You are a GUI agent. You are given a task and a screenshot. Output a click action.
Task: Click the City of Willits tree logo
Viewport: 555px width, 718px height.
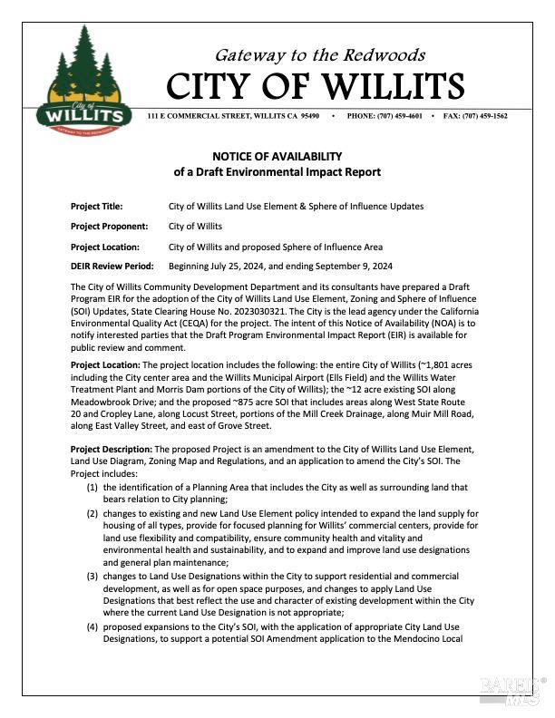pos(83,81)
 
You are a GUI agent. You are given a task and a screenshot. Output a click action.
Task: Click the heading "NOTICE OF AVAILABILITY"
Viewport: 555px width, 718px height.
pos(277,156)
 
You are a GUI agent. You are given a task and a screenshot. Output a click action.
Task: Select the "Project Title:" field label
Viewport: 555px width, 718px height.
pos(96,207)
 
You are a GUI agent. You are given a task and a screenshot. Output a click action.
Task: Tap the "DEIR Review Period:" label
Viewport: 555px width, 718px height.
pos(112,267)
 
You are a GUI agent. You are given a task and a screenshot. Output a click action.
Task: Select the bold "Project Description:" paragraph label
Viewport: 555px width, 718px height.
pos(112,449)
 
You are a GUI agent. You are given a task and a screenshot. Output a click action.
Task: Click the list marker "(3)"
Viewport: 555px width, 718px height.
pos(92,577)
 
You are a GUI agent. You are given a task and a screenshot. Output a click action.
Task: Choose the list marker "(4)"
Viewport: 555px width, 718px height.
pos(92,627)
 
